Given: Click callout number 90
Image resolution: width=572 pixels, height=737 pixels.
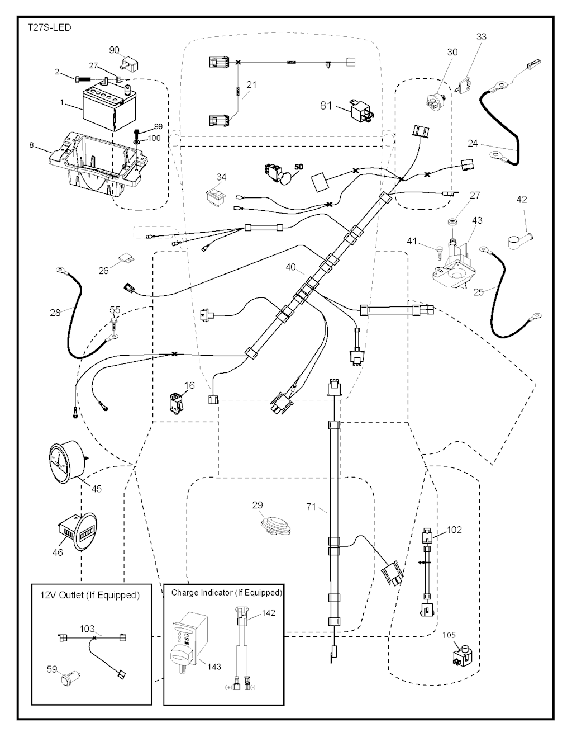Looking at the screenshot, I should coord(114,50).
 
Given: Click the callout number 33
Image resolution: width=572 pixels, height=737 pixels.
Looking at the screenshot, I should coord(481,37).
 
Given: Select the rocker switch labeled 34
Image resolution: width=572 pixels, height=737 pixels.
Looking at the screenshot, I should coord(215,196).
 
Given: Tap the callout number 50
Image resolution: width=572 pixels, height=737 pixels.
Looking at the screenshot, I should coord(299,167).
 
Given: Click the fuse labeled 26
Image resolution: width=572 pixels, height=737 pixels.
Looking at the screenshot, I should coord(125,260).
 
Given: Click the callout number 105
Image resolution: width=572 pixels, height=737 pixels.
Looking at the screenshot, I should coord(450,635).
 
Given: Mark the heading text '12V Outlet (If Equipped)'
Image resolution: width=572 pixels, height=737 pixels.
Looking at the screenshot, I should coord(89,595).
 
